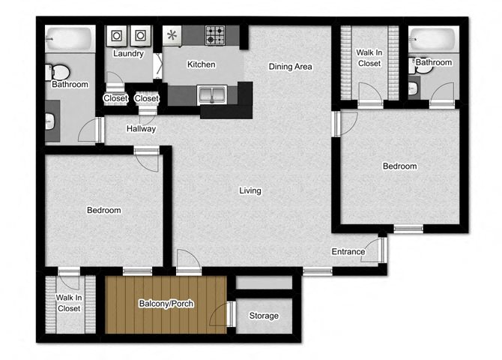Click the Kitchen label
click(x=201, y=64)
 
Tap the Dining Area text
click(x=290, y=67)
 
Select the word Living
click(x=250, y=190)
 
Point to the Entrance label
click(x=348, y=252)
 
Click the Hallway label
click(x=141, y=128)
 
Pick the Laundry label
click(x=128, y=53)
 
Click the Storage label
click(x=264, y=316)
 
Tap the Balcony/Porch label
click(x=166, y=304)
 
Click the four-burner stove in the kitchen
click(x=215, y=35)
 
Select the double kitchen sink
click(x=212, y=94)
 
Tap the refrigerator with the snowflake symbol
click(x=172, y=35)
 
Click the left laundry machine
click(x=116, y=35)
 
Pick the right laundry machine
click(x=140, y=35)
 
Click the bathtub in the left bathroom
click(x=70, y=39)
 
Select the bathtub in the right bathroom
click(x=434, y=39)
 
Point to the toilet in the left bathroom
click(x=58, y=73)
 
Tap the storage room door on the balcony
click(x=232, y=314)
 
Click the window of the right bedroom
click(x=408, y=229)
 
